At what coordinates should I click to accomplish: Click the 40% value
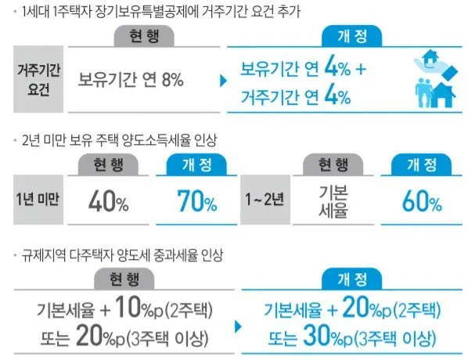point(110,203)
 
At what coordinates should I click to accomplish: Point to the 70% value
point(196,203)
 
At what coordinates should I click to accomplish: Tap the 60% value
point(422,203)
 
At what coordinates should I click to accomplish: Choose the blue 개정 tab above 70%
point(196,164)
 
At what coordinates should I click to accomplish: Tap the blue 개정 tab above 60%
point(422,164)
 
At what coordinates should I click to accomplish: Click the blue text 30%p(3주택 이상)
point(352,337)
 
